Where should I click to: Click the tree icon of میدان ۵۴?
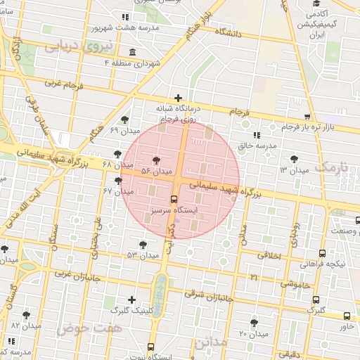tap(156, 161)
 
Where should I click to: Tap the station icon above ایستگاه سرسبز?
tap(174, 199)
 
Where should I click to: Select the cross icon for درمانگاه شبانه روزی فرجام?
tap(178, 98)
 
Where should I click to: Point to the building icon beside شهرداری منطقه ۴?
tap(133, 53)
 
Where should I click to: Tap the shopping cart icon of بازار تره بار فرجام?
tap(307, 117)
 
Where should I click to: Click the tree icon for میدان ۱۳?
tap(294, 160)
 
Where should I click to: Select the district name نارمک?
tap(332, 167)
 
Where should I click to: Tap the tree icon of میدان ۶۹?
tap(124, 120)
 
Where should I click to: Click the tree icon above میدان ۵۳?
tap(143, 244)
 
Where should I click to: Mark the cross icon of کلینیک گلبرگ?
tap(131, 300)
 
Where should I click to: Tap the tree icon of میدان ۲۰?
tap(254, 323)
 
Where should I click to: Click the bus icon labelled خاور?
tap(347, 316)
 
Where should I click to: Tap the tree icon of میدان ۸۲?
tap(26, 315)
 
